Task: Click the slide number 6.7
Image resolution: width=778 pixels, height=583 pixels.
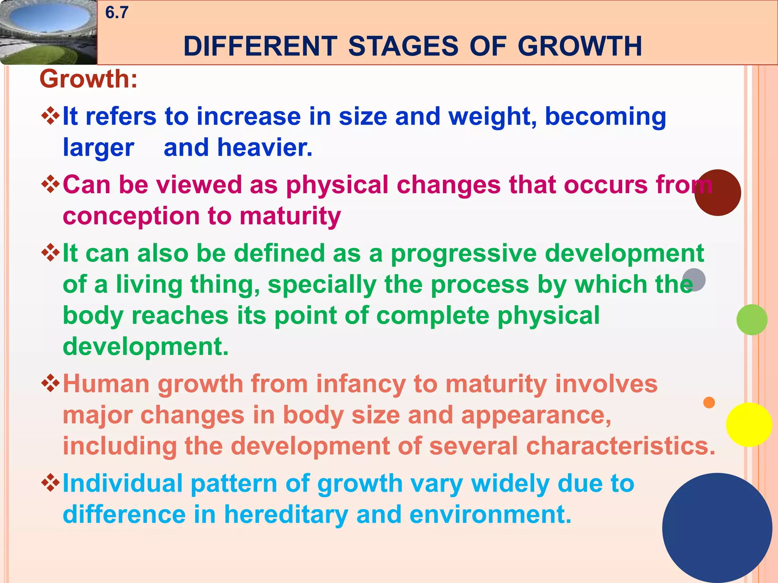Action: pyautogui.click(x=117, y=13)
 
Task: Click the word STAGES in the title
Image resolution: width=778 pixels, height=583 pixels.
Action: pyautogui.click(x=403, y=46)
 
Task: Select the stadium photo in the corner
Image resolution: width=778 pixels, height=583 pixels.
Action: pyautogui.click(x=48, y=32)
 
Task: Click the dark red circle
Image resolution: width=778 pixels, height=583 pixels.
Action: pyautogui.click(x=718, y=193)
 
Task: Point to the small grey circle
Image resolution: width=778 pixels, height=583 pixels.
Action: pyautogui.click(x=694, y=280)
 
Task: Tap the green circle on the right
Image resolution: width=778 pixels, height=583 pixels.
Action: pyautogui.click(x=751, y=320)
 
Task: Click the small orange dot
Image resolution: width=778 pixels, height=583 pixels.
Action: pyautogui.click(x=709, y=402)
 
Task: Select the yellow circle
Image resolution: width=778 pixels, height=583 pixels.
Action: pyautogui.click(x=749, y=425)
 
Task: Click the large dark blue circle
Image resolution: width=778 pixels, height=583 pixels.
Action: pyautogui.click(x=717, y=528)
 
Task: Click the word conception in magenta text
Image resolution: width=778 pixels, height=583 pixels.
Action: pyautogui.click(x=131, y=216)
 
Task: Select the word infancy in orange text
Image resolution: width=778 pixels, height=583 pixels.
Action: pyautogui.click(x=361, y=384)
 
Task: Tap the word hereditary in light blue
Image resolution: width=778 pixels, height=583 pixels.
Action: pyautogui.click(x=286, y=515)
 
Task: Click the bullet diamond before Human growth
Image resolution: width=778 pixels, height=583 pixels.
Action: pyautogui.click(x=51, y=384)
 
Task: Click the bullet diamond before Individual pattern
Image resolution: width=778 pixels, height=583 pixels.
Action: pyautogui.click(x=51, y=483)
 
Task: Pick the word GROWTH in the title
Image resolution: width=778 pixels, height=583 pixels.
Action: pyautogui.click(x=580, y=46)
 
